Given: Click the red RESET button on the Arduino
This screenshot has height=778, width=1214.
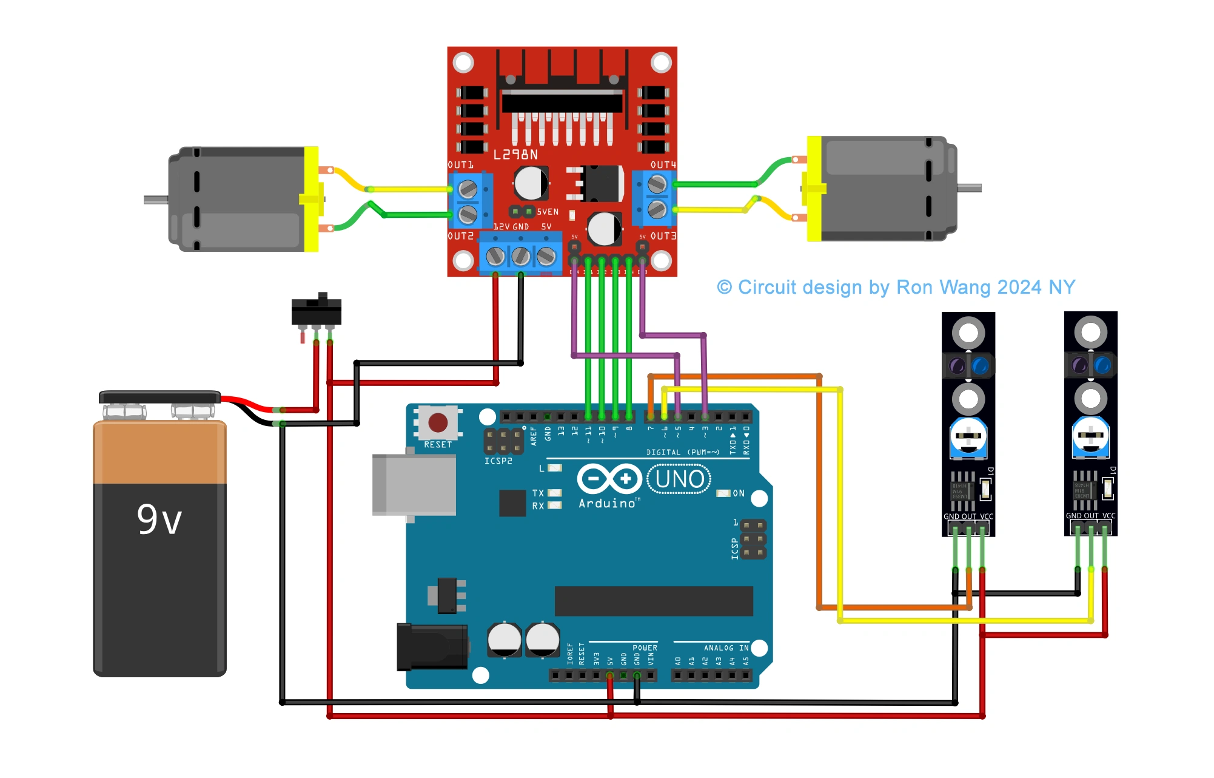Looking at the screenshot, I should (438, 422).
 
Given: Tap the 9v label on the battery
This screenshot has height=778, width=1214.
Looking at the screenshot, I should (159, 519).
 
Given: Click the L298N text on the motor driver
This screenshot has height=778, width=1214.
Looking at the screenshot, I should (515, 155).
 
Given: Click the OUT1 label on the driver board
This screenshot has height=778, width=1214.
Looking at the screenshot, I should (460, 165).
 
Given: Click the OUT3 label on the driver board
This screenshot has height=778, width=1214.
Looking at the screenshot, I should (663, 236).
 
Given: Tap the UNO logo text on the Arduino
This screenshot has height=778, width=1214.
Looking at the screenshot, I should (679, 479).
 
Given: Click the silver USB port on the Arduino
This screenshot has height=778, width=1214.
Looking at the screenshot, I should (414, 485).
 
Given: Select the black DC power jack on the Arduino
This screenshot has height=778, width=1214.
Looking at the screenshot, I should (431, 647).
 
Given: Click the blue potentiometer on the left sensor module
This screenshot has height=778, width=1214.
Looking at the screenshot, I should (968, 437).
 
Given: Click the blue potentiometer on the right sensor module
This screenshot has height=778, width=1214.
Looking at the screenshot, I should (1090, 436).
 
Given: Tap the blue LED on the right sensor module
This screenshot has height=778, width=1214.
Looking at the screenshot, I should (1102, 365).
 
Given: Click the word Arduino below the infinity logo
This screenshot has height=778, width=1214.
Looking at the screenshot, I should (607, 504).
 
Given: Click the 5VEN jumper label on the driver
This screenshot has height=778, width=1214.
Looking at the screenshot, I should (547, 212).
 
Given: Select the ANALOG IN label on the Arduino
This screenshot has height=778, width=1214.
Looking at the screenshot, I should (726, 648).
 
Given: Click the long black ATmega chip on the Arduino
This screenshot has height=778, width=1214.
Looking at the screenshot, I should (653, 601).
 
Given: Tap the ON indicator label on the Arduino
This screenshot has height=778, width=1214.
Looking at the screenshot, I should (738, 493).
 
